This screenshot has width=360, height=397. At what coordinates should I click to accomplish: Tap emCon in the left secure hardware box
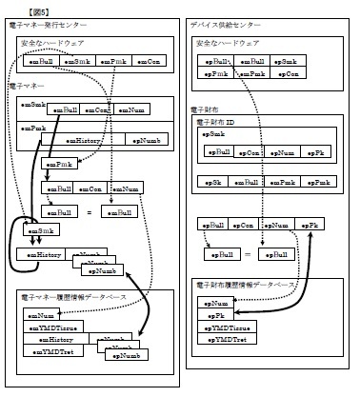[148, 62]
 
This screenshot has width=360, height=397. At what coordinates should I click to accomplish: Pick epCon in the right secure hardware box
[290, 72]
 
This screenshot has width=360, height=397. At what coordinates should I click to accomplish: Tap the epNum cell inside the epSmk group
[283, 151]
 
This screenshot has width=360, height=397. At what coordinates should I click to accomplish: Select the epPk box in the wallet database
[218, 314]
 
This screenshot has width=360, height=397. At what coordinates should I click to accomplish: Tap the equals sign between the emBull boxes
[89, 211]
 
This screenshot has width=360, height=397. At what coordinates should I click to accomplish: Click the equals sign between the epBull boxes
[248, 255]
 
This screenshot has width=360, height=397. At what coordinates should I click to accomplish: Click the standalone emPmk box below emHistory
[60, 164]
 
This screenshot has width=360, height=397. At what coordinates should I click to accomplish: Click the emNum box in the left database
[43, 314]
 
